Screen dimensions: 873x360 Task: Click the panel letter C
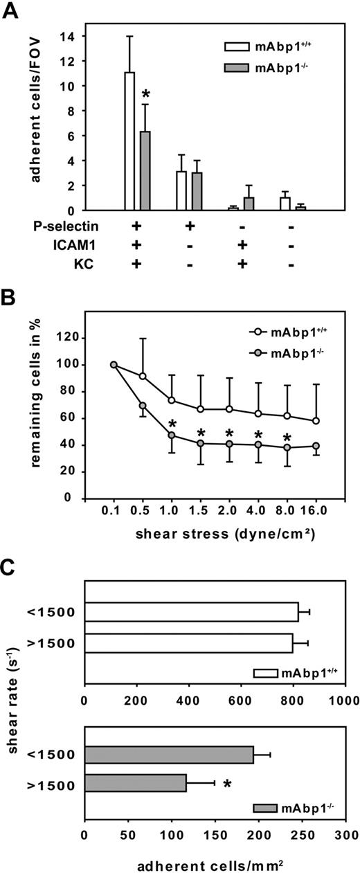tap(11, 571)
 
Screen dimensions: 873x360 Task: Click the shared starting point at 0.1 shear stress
tap(114, 365)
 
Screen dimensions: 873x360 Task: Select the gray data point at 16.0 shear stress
tap(316, 446)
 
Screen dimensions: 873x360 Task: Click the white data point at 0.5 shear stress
tap(143, 376)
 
